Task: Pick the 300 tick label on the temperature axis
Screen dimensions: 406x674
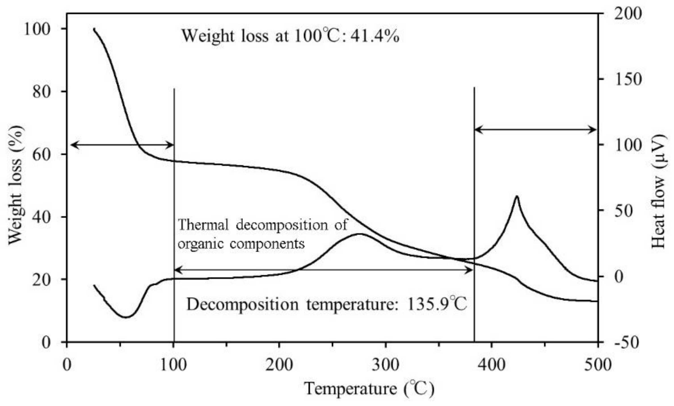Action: (x=386, y=365)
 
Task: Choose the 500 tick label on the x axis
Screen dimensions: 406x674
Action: (x=598, y=365)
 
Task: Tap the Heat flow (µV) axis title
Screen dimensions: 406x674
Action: (x=659, y=191)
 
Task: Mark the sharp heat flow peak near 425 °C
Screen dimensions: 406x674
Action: (x=517, y=196)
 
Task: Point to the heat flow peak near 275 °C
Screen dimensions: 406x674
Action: (x=360, y=234)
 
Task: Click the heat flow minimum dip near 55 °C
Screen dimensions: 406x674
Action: (x=126, y=317)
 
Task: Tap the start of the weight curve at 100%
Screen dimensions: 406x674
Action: (x=94, y=29)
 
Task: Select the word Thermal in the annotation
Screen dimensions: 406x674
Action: (x=203, y=225)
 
